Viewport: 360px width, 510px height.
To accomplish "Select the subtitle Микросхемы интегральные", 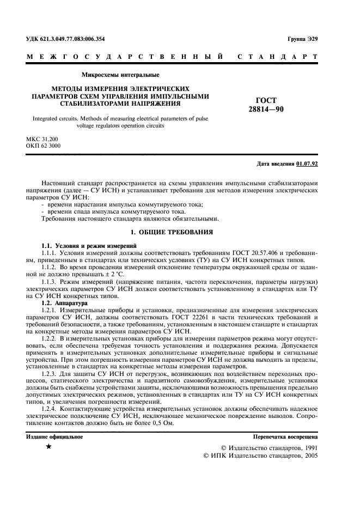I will (120, 75).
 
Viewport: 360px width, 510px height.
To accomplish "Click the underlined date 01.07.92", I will (308, 163).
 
